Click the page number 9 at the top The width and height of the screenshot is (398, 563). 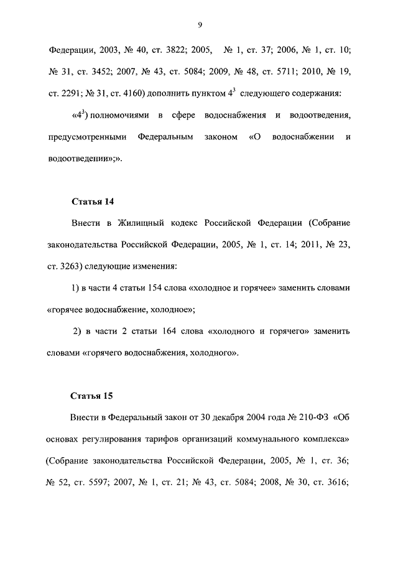199,24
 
